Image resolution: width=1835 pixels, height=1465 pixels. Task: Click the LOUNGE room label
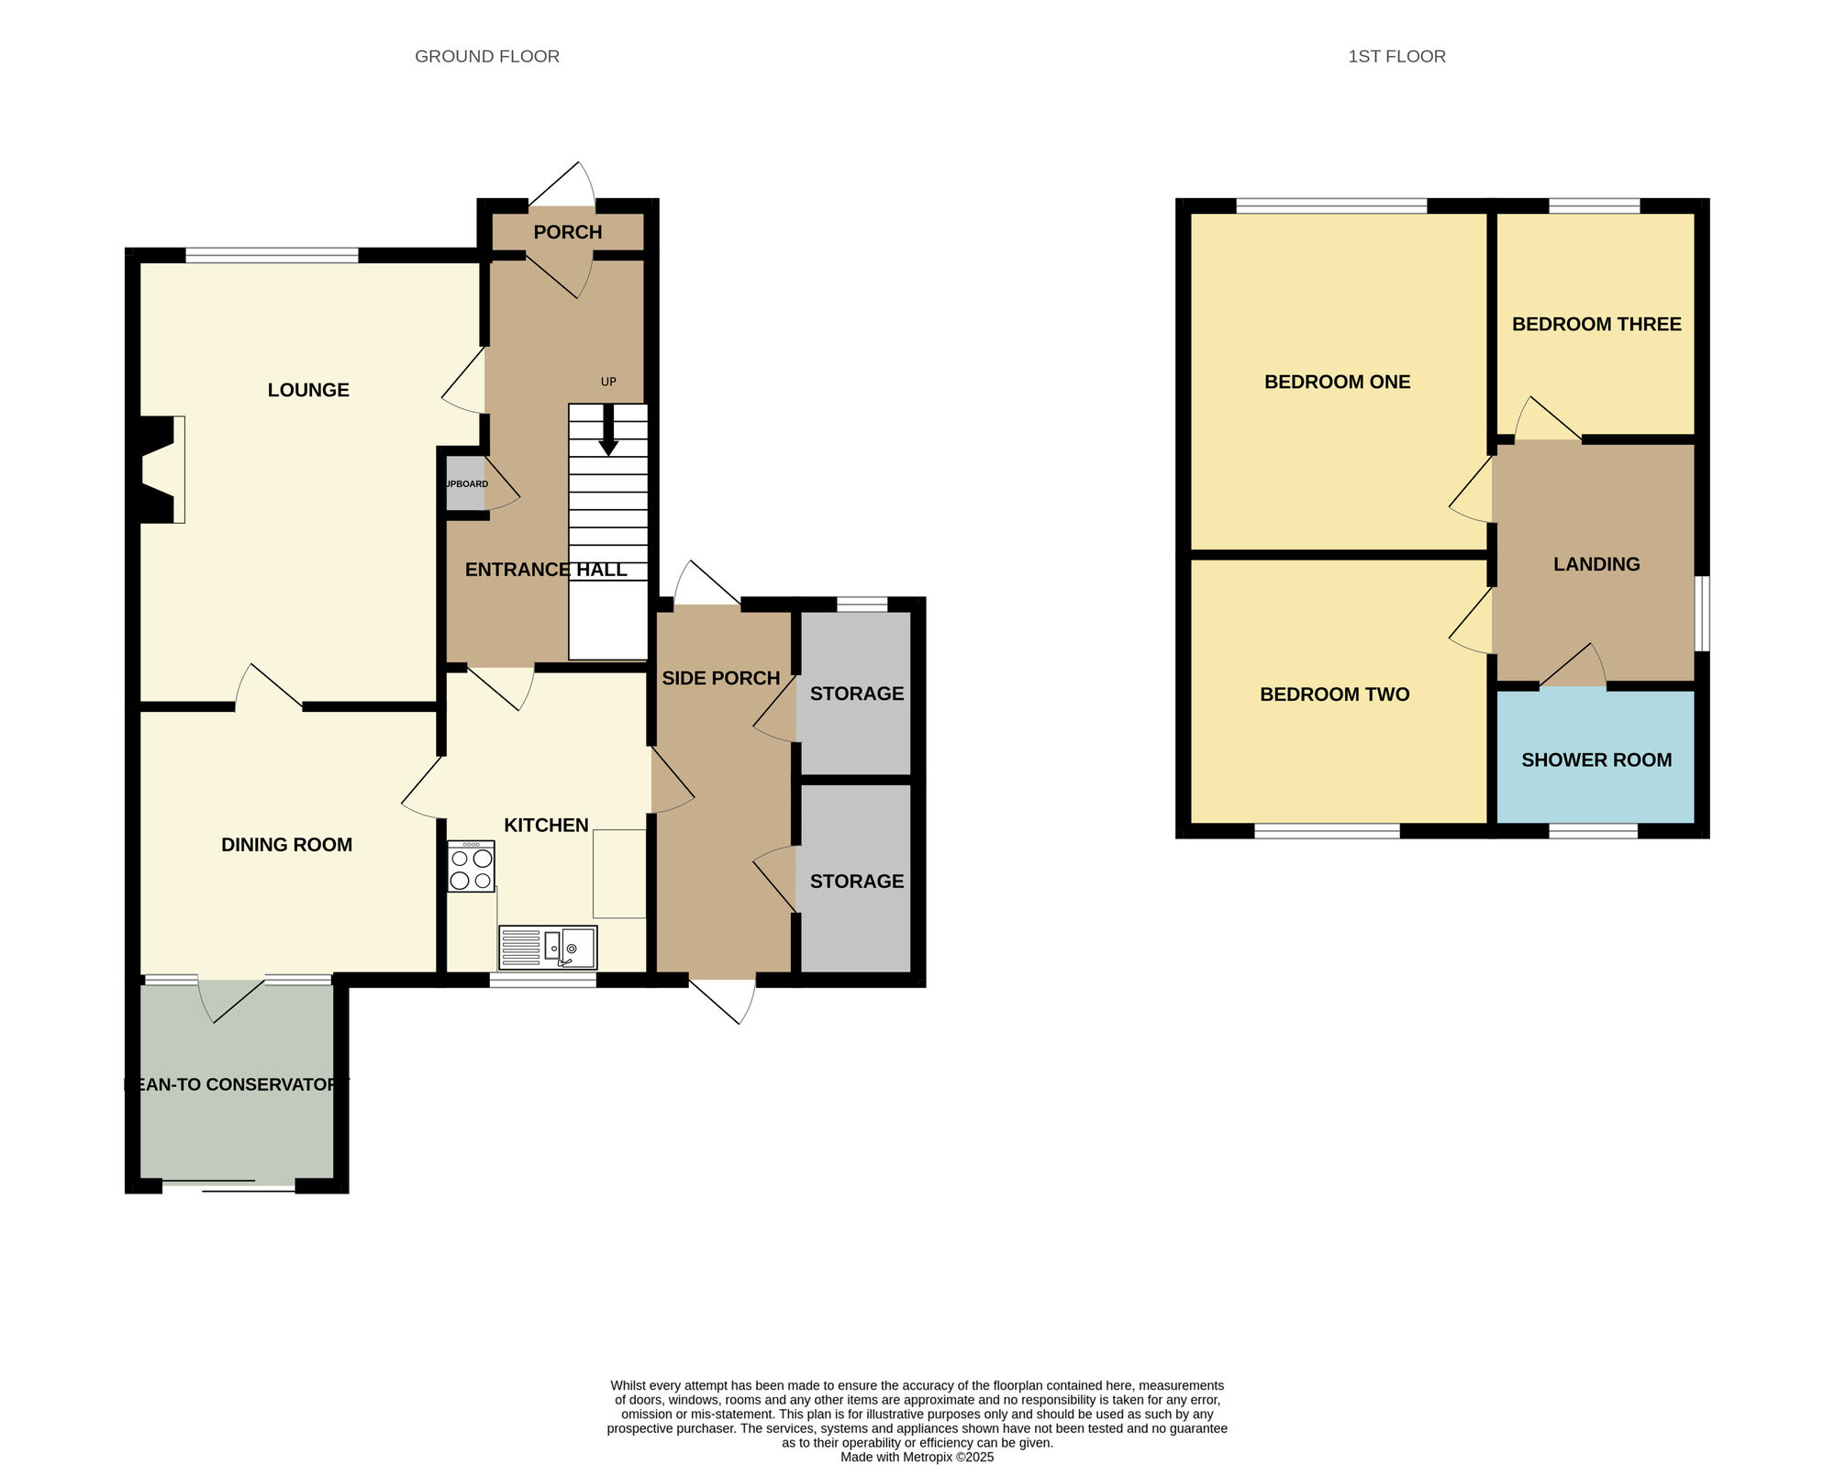[x=308, y=390]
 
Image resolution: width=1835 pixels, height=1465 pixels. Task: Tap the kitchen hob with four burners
[x=471, y=867]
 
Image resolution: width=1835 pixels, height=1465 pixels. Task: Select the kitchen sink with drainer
[x=548, y=948]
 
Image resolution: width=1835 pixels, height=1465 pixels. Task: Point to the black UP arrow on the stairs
[x=608, y=429]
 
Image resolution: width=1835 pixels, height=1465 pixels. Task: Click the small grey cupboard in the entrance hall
[x=465, y=483]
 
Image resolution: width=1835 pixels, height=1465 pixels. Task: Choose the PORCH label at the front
[x=568, y=232]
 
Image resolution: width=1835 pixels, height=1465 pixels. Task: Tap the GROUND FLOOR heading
[x=487, y=56]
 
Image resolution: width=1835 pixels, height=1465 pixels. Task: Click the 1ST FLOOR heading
[x=1396, y=56]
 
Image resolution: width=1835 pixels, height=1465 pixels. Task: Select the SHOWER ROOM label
[x=1596, y=760]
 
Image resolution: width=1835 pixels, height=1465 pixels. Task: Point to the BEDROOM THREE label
[x=1596, y=324]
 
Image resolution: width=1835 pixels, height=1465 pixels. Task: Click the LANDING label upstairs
[x=1596, y=564]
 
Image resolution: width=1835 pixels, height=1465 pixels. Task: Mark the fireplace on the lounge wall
[x=161, y=470]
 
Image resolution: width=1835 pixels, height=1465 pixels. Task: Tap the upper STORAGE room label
[x=857, y=694]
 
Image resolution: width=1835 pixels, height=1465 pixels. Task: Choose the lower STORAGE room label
[x=857, y=881]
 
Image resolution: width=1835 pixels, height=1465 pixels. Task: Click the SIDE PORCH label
[x=721, y=678]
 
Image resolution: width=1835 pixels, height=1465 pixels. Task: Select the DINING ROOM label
[x=286, y=845]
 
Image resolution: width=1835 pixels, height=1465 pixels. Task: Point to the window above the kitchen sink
[x=543, y=980]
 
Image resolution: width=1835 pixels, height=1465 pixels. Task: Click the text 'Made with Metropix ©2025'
[x=917, y=1457]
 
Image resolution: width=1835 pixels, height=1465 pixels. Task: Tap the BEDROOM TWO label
[x=1335, y=694]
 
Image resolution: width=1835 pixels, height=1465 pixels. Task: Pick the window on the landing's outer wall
[x=1702, y=613]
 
